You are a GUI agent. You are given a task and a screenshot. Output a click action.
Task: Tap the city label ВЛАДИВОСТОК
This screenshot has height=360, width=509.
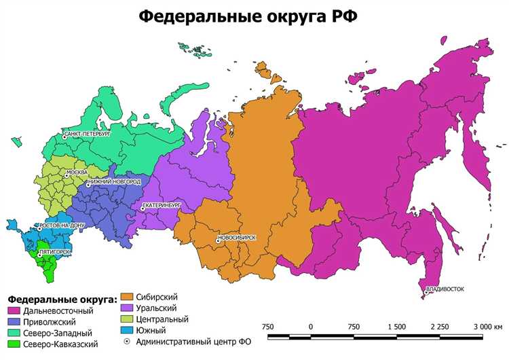coord(445,289)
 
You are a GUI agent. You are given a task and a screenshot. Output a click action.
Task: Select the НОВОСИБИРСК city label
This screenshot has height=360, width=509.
coord(238,238)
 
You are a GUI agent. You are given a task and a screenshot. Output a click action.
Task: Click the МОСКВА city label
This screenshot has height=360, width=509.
coord(77,173)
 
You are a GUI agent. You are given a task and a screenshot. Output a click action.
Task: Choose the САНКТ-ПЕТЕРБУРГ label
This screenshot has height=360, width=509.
coord(88,134)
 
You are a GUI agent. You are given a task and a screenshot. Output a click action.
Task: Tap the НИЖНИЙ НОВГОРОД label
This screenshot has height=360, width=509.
coord(115,183)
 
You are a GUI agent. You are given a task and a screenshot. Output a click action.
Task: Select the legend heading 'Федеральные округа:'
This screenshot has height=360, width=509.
coord(62,299)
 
